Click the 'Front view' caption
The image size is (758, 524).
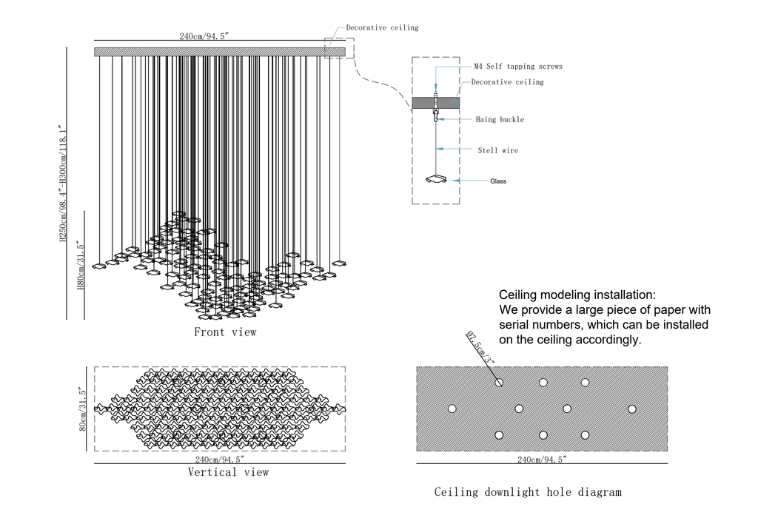[225, 332]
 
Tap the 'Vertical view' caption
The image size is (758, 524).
[228, 472]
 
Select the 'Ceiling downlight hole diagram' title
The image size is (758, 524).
[528, 491]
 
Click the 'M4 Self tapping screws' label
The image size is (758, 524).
[518, 67]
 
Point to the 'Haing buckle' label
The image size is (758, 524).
[500, 119]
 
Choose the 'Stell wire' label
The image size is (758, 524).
[497, 150]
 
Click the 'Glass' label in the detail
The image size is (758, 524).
[498, 181]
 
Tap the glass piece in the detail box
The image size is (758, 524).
[436, 179]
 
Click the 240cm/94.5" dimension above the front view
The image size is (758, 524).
[204, 36]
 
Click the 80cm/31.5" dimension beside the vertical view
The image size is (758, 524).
[84, 409]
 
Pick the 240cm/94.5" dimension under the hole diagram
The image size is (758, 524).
[542, 460]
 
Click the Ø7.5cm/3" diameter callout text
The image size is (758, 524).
[480, 348]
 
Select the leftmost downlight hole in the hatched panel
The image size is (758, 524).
[452, 409]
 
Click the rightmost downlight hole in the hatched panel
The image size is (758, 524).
[632, 409]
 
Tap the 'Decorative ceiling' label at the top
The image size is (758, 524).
[382, 27]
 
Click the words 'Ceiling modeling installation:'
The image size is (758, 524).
[577, 295]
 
